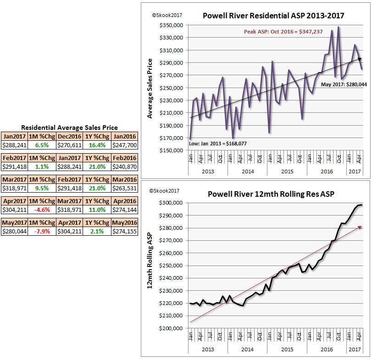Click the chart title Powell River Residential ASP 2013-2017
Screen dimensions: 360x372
[273, 16]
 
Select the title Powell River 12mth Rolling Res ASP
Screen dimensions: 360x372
[271, 194]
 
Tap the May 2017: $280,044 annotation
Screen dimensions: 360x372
[344, 84]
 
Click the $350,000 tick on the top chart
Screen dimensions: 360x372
[171, 25]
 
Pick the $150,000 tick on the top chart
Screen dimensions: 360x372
[171, 150]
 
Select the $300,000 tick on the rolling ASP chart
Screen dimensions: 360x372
[171, 203]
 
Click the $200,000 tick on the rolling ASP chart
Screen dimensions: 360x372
[171, 328]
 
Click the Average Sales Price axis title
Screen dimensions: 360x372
[150, 88]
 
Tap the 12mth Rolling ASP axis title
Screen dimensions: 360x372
[150, 266]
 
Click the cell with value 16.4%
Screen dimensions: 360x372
[97, 145]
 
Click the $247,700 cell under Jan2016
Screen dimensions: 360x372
[125, 145]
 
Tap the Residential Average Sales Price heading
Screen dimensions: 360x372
[70, 127]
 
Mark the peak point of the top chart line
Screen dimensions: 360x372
[339, 27]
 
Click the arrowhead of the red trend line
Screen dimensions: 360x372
[361, 227]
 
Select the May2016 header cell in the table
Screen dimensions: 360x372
[125, 223]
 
